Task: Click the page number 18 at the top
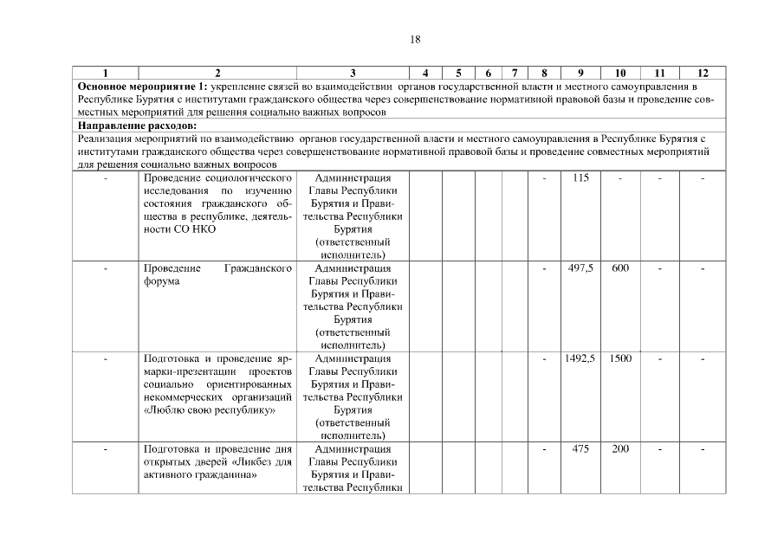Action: pos(415,39)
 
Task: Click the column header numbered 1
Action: pos(106,73)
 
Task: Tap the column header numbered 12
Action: pos(703,73)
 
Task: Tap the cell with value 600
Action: pos(620,268)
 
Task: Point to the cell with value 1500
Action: pos(620,358)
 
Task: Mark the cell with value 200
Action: pos(620,448)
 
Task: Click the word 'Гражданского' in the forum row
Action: pos(257,268)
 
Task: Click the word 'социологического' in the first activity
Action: pos(250,178)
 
